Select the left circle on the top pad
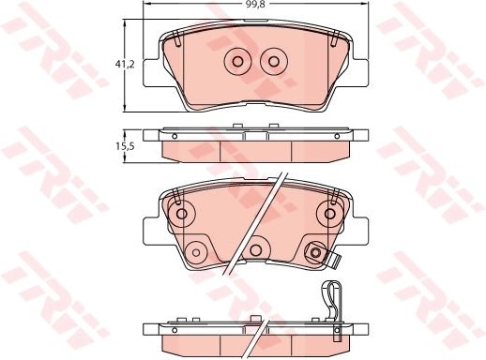[236, 62]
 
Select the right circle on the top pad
[273, 62]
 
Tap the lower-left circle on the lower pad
[196, 250]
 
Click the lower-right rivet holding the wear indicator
[314, 250]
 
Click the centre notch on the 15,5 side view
[254, 133]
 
